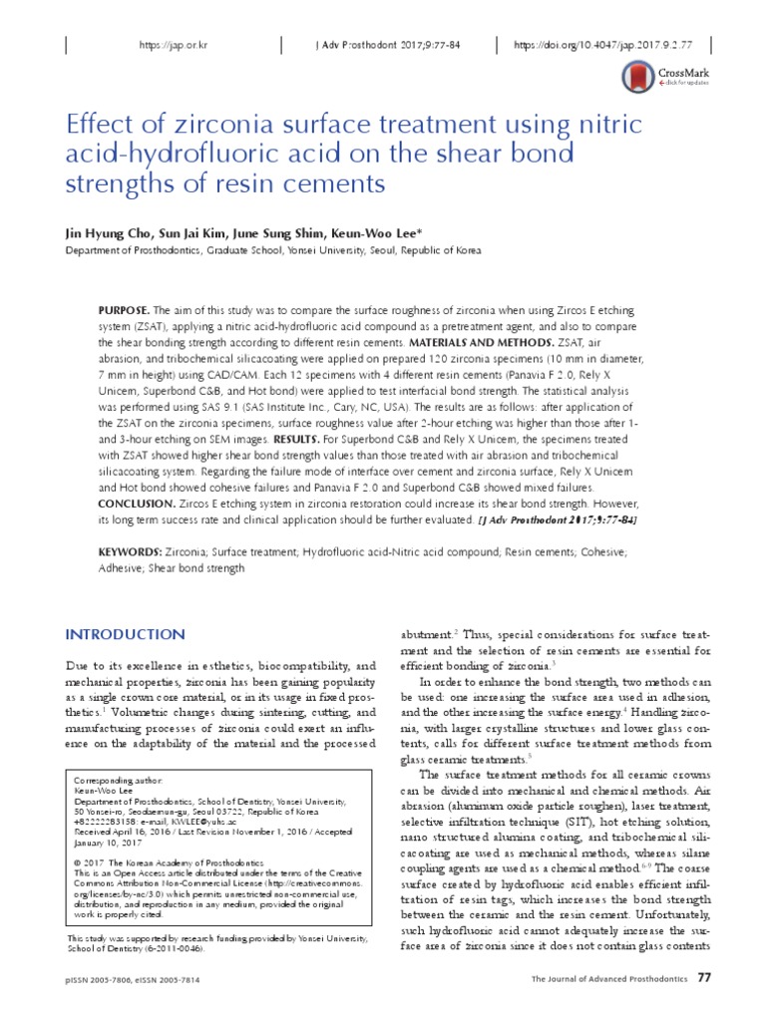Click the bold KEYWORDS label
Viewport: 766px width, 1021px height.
point(130,551)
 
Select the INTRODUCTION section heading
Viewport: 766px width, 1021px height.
point(125,635)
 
